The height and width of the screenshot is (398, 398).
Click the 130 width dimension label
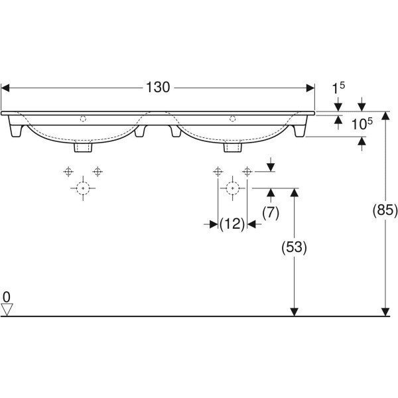(x=157, y=87)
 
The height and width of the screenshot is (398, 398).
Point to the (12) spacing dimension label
(x=232, y=224)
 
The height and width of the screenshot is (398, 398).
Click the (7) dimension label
(x=270, y=212)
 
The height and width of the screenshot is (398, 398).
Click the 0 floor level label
(x=7, y=296)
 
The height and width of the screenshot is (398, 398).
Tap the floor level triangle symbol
(x=7, y=309)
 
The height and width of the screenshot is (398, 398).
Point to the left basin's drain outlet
(x=83, y=146)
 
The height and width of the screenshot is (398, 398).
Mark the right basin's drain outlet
(x=232, y=146)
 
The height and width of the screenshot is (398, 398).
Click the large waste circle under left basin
(x=82, y=188)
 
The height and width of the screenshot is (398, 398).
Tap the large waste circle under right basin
(x=232, y=188)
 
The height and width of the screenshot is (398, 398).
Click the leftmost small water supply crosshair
(x=68, y=172)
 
